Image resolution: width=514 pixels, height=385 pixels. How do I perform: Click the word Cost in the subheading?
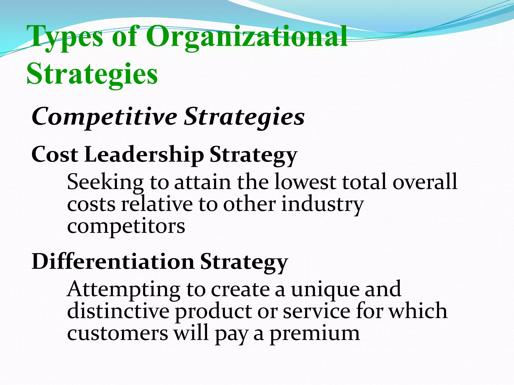pos(55,155)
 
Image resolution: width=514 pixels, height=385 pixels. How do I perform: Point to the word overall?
pos(425,182)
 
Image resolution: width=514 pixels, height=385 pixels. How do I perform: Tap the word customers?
pos(117,333)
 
